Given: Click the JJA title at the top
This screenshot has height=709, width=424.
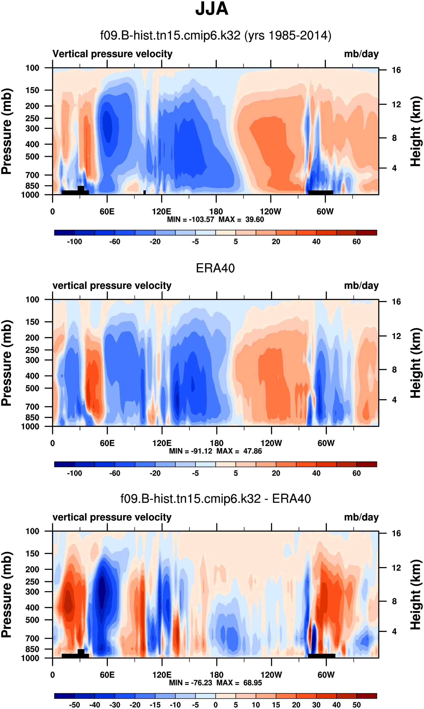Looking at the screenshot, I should tap(212, 9).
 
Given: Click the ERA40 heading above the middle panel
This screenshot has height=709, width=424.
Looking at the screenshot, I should tap(215, 268).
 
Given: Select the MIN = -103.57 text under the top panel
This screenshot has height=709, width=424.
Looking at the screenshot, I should tap(190, 219).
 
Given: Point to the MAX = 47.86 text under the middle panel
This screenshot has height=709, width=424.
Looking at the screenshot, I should tap(239, 451).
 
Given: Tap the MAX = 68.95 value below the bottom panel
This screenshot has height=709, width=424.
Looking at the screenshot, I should tap(239, 683).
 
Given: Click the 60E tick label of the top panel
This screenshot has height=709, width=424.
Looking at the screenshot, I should tap(107, 212).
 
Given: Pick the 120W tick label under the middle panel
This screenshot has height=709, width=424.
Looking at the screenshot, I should tap(271, 443).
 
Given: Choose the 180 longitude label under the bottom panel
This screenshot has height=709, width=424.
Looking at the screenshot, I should tap(217, 675).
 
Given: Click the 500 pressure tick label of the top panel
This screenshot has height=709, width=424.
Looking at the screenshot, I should tap(32, 157).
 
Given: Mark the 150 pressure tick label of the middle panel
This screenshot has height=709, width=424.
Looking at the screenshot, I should tap(32, 322).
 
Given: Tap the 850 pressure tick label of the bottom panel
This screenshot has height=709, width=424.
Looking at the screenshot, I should tap(32, 649).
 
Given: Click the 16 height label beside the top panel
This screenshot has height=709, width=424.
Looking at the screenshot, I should tap(396, 70).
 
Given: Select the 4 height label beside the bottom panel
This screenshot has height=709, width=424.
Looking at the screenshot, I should tap(394, 631).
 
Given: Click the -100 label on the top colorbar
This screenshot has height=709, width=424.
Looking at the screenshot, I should tap(75, 242).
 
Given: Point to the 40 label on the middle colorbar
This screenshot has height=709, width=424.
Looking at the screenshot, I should tap(316, 473).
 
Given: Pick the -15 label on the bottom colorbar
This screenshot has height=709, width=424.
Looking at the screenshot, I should tap(155, 705).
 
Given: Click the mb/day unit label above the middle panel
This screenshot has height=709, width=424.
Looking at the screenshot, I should tap(361, 286).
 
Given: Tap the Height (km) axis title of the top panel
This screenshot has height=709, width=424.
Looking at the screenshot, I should tap(415, 131).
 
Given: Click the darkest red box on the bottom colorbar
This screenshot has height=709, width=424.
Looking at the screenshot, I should tap(367, 696).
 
